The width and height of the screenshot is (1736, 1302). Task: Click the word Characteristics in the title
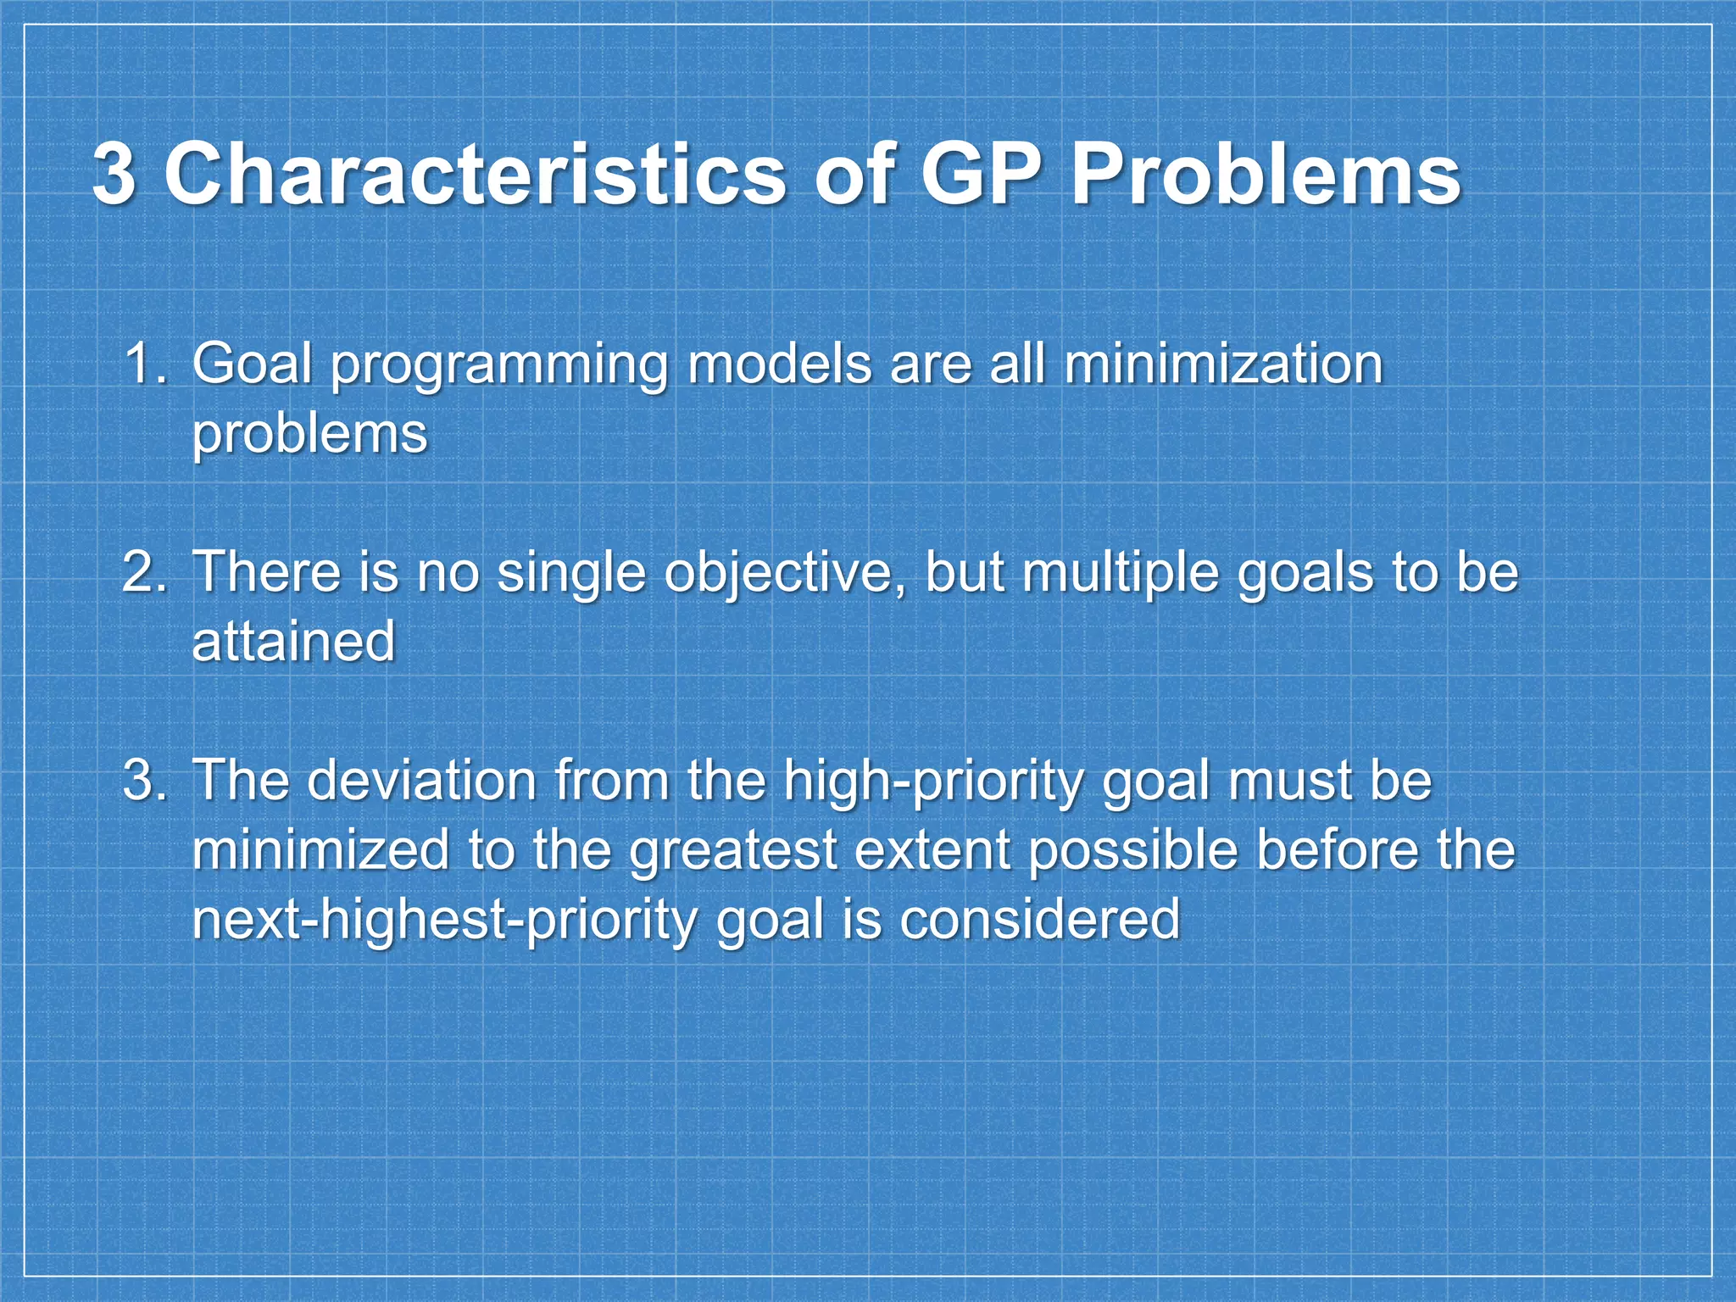pyautogui.click(x=475, y=175)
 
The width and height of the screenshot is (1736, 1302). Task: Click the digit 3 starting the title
pyautogui.click(x=114, y=175)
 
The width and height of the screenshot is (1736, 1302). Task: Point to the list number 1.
pyautogui.click(x=146, y=364)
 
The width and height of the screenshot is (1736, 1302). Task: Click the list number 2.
pyautogui.click(x=146, y=572)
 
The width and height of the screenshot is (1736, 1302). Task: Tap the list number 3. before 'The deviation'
pyautogui.click(x=146, y=780)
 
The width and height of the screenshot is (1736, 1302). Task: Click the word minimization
pyautogui.click(x=1223, y=364)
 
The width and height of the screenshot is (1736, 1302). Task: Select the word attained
pyautogui.click(x=294, y=642)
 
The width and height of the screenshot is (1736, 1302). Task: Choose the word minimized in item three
pyautogui.click(x=320, y=850)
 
